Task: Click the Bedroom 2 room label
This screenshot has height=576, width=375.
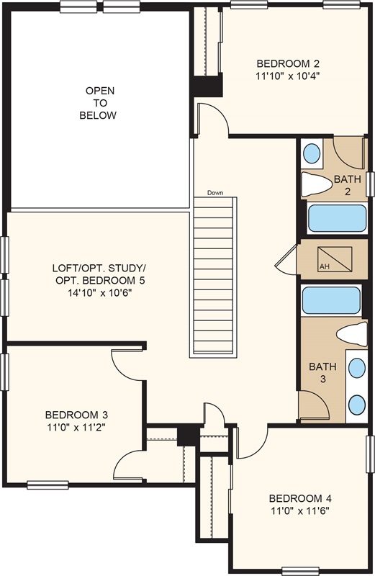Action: pos(288,63)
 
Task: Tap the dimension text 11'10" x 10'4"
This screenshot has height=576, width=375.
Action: pos(288,76)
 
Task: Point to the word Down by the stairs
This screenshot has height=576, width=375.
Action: pos(215,192)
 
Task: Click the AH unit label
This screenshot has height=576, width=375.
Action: pos(325,266)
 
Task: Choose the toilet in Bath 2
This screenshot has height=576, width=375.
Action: pos(316,184)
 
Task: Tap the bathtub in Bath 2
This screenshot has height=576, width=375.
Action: pos(337,218)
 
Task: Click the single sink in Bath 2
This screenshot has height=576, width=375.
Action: pos(312,153)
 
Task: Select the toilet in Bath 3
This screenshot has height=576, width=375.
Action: pos(352,334)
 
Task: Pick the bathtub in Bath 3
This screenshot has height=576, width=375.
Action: pos(331,300)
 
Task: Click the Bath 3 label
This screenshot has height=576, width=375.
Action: pos(322,372)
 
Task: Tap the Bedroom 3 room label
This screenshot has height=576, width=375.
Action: pos(76,415)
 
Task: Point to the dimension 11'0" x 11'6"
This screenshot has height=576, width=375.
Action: pos(300,510)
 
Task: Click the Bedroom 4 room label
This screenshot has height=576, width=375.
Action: pos(300,498)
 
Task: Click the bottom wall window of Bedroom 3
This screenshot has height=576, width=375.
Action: pos(48,485)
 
